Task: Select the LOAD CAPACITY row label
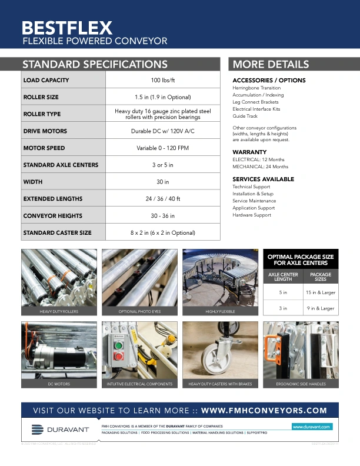(46, 80)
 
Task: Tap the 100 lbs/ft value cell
(163, 80)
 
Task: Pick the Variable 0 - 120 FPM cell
(163, 148)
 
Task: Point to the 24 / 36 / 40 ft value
(163, 199)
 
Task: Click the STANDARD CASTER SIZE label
(57, 233)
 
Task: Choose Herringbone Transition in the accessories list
(256, 88)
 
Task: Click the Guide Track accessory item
(245, 116)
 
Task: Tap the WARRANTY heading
(249, 152)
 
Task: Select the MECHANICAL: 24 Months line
(260, 167)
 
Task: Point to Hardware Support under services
(252, 215)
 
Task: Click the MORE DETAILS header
(271, 65)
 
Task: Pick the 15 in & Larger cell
(320, 292)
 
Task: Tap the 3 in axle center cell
(283, 308)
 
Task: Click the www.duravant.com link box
(312, 426)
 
